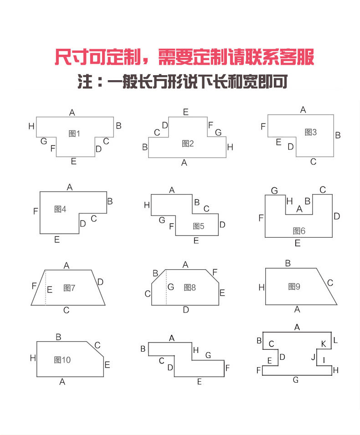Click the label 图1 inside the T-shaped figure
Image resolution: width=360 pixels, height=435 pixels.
(x=74, y=133)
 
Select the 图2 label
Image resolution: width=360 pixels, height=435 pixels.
(x=188, y=143)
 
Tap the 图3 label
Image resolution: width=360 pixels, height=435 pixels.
(x=310, y=132)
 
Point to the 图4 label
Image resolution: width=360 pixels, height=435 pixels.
(x=60, y=209)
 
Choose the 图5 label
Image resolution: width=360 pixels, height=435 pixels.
(x=199, y=226)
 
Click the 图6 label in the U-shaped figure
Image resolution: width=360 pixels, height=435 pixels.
(x=299, y=231)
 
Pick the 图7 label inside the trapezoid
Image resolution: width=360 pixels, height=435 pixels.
(x=69, y=288)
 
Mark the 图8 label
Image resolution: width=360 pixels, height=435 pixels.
(x=190, y=287)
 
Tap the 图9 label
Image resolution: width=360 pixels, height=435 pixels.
(x=294, y=287)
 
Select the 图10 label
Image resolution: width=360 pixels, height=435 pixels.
(x=62, y=360)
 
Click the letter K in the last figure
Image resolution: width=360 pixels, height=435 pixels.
(x=324, y=344)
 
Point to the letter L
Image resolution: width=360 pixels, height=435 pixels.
(x=335, y=340)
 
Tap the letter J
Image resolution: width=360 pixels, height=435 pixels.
(x=313, y=357)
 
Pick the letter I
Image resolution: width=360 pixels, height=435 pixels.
(x=324, y=360)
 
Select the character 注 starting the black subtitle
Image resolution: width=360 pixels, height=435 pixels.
(x=86, y=82)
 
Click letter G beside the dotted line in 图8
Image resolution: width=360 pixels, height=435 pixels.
(x=171, y=287)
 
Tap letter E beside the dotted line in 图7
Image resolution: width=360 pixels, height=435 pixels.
(x=50, y=289)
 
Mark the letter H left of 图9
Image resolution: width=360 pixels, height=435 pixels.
(x=261, y=287)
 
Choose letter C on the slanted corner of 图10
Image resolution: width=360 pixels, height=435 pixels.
(x=97, y=345)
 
